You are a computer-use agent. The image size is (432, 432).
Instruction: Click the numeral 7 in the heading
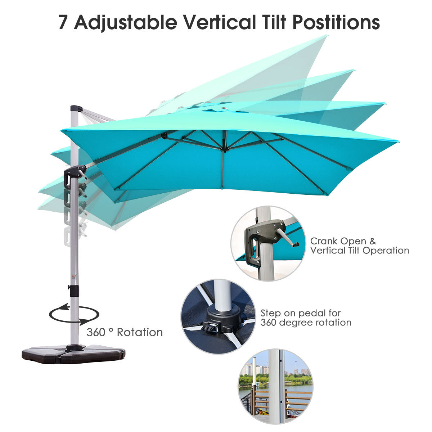pos(63,22)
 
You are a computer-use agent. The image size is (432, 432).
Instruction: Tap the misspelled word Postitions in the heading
pos(336,22)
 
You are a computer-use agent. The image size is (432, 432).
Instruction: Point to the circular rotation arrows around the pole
pos(74,314)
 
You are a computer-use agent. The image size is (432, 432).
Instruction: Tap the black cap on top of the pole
pos(76,108)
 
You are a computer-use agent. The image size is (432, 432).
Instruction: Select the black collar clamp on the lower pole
pos(75,291)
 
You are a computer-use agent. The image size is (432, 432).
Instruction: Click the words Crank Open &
pos(343,241)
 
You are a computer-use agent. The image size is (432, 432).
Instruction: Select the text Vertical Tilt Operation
pos(360,251)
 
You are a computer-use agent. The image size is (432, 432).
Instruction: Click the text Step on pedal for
pos(301,313)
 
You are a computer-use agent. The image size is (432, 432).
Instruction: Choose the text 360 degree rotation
pos(306,323)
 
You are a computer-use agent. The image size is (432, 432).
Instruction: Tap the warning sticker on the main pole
pos(74,276)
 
